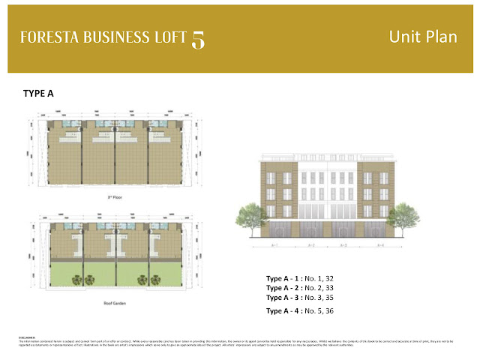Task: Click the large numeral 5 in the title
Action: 198,39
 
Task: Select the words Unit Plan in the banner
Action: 424,37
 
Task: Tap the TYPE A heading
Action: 40,94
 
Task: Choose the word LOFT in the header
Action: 168,37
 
